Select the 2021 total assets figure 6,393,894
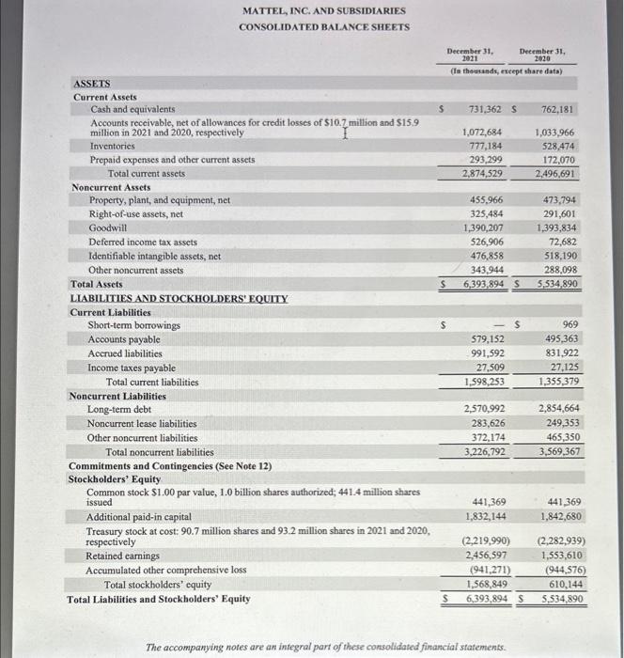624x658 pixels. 483,284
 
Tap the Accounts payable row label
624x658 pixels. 124,339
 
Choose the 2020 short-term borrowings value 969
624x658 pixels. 569,325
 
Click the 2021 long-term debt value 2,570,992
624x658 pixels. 483,409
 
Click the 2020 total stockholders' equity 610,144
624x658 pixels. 559,584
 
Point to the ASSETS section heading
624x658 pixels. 91,83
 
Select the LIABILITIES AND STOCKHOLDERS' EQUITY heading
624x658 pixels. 179,298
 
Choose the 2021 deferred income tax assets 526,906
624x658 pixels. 485,242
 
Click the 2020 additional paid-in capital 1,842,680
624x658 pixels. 557,516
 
